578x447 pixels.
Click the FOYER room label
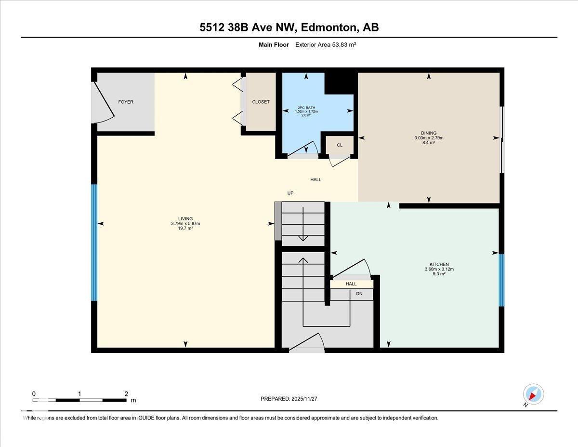point(126,102)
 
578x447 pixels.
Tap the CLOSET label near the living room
point(261,102)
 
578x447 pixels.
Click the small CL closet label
point(340,145)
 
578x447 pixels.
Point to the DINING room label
point(428,133)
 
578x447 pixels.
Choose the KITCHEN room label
point(439,264)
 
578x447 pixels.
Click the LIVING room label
point(185,218)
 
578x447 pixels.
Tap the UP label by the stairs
point(290,193)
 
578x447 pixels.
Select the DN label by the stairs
point(359,293)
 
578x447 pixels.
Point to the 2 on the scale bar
point(126,393)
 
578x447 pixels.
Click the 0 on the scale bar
point(34,393)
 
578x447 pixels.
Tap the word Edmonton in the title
point(327,27)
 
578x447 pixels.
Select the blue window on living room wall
point(94,243)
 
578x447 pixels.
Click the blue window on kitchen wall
point(501,280)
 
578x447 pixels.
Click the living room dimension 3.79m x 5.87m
point(185,223)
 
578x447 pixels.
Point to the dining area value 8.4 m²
point(428,143)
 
